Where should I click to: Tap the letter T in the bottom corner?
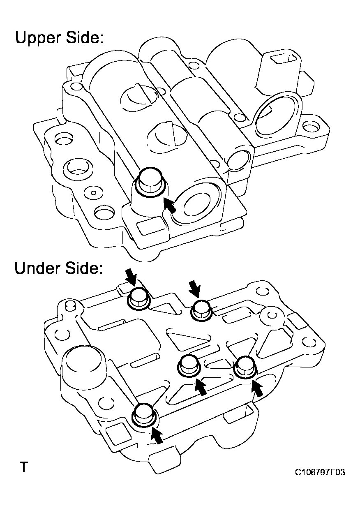coord(24,467)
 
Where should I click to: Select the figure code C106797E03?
coord(319,472)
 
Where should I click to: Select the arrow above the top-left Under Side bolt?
coord(132,280)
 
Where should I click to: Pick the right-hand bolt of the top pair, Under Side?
coord(201,310)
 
